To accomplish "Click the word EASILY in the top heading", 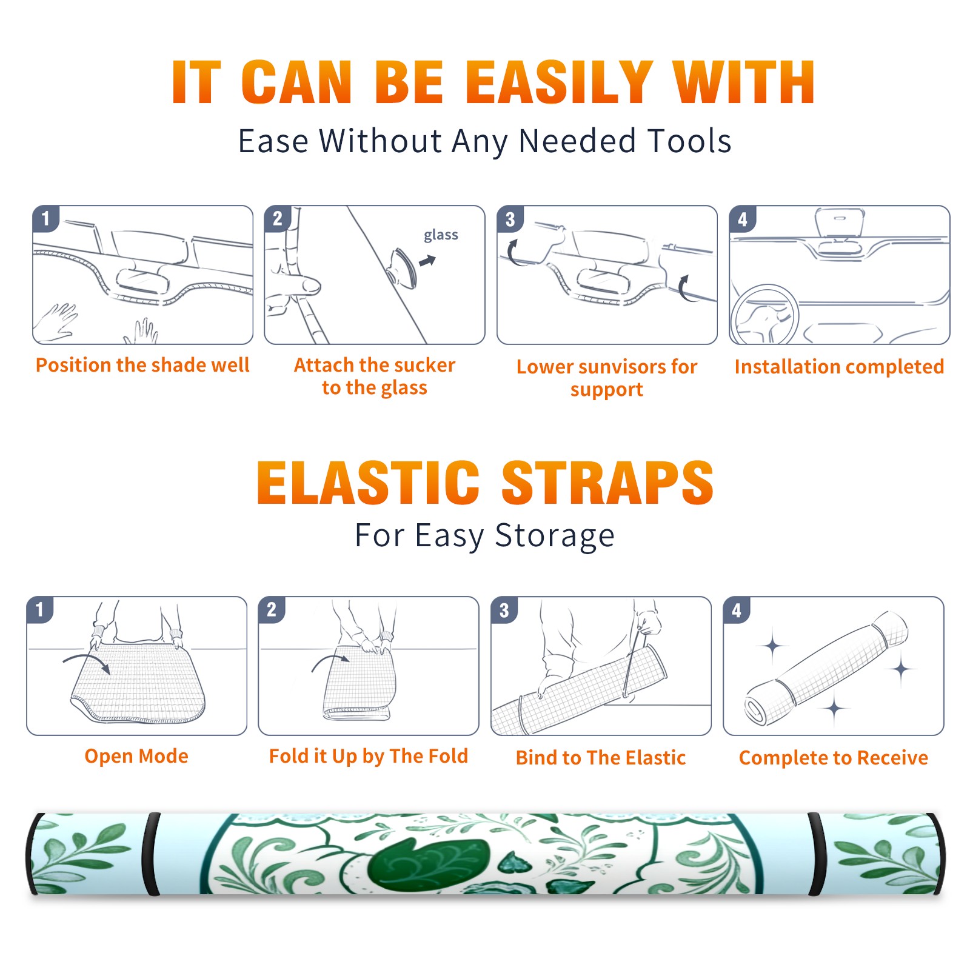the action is (x=559, y=82).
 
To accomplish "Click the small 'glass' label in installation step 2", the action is (x=441, y=235).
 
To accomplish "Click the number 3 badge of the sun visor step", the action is (x=510, y=219).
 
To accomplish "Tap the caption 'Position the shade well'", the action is (x=142, y=365).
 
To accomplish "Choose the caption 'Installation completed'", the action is (x=839, y=366).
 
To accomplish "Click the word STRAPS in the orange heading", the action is (x=607, y=483).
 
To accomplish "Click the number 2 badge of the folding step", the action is (x=272, y=609).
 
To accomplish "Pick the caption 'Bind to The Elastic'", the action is (x=600, y=758).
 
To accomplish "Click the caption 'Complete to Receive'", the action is (x=833, y=758).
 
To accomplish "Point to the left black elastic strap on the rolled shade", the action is (x=151, y=854).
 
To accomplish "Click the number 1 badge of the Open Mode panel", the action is (x=40, y=609).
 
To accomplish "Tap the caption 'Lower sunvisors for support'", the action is (x=607, y=378).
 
